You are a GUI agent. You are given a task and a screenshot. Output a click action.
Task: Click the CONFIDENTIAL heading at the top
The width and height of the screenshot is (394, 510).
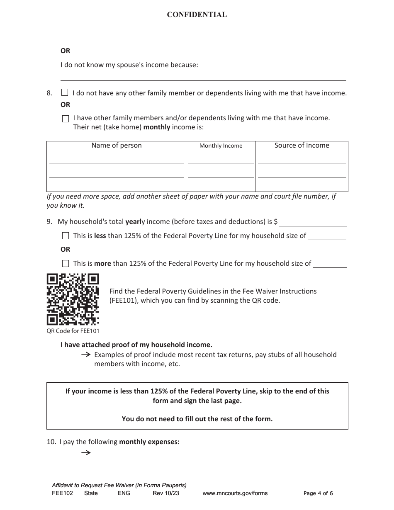(x=197, y=15)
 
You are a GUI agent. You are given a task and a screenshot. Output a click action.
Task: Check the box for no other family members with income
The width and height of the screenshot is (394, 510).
(x=65, y=92)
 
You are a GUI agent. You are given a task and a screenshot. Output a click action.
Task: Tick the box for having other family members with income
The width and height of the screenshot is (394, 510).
(x=66, y=119)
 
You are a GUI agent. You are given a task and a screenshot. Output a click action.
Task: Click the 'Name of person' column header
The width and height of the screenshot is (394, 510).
(x=117, y=146)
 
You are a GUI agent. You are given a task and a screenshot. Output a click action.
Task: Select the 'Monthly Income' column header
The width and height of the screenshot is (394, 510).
(x=221, y=146)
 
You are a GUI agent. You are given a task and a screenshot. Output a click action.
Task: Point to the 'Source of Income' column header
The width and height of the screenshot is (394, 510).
(x=302, y=146)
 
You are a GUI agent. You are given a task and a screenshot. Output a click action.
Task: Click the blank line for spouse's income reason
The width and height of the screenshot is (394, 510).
(x=203, y=76)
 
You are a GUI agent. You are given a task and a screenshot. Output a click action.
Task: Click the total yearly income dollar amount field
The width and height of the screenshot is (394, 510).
(x=313, y=222)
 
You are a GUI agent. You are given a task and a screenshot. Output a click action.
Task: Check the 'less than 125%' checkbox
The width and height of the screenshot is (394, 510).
(x=66, y=236)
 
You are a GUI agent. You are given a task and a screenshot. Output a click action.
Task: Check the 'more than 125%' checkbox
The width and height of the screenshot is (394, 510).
(x=66, y=264)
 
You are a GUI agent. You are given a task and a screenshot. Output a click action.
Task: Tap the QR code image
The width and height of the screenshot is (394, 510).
(x=73, y=299)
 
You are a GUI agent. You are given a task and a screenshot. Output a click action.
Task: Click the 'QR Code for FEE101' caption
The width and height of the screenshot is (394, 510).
(x=73, y=331)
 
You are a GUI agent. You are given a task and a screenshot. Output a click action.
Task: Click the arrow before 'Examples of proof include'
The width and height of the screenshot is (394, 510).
(x=85, y=355)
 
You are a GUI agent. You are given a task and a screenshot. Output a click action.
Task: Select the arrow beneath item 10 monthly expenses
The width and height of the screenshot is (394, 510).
(x=85, y=453)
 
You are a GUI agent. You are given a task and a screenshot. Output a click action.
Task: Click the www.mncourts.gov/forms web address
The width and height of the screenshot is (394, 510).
(x=235, y=493)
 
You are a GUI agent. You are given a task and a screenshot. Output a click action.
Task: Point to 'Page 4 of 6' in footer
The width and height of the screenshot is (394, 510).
(x=318, y=493)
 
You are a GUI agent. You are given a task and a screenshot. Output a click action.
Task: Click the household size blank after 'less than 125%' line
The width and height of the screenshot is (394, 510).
(x=327, y=236)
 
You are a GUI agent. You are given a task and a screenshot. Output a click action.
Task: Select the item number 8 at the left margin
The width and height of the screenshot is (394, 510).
(x=49, y=93)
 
